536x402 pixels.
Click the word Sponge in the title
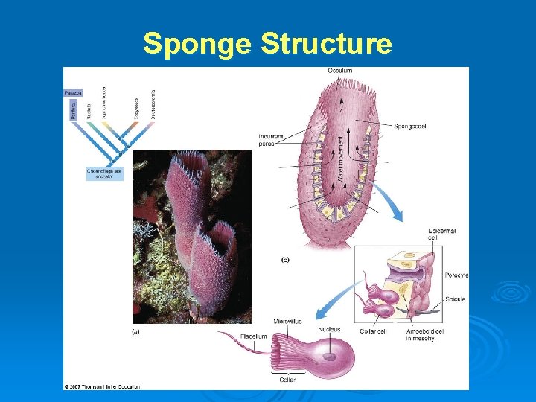(x=197, y=44)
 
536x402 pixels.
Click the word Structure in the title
(x=325, y=44)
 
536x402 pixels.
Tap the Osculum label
(x=339, y=71)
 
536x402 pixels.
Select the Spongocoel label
(x=409, y=126)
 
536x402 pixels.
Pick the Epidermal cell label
(x=441, y=235)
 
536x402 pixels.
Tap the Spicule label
(x=455, y=299)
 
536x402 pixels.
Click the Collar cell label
(x=373, y=331)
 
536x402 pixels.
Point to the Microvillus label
(x=287, y=322)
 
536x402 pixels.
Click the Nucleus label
(x=329, y=329)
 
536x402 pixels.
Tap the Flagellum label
(x=254, y=336)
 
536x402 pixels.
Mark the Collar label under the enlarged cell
(x=287, y=380)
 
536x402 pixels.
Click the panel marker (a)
(x=135, y=331)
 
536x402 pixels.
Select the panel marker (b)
(x=285, y=261)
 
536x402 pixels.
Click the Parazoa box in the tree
(x=73, y=92)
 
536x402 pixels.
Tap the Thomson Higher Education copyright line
(x=102, y=386)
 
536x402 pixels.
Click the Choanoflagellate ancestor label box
(x=104, y=174)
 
